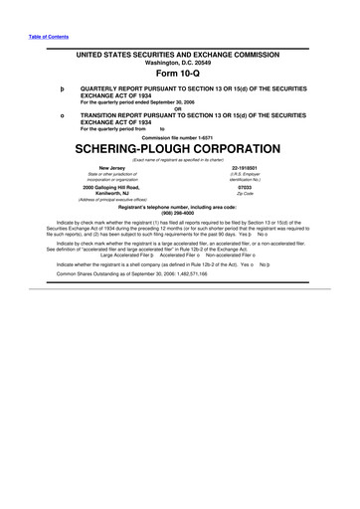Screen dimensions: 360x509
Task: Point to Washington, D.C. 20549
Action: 179,62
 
